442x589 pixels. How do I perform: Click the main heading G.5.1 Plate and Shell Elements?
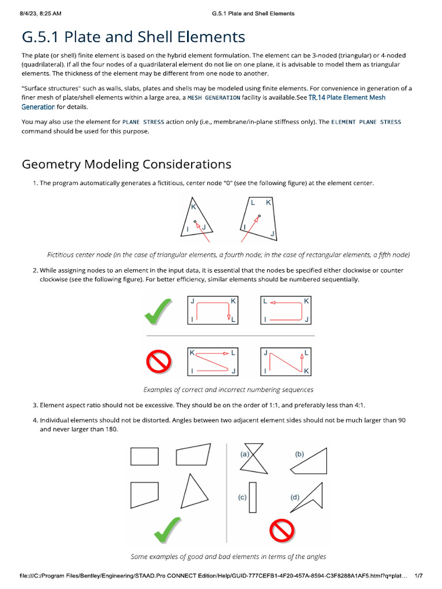click(x=133, y=37)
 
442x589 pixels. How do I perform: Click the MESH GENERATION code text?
click(x=214, y=98)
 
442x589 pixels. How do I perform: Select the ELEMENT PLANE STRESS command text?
click(x=366, y=122)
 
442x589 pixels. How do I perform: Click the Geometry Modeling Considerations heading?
click(x=127, y=165)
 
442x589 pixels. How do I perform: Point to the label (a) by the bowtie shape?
click(x=245, y=454)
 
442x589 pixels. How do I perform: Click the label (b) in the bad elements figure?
click(x=299, y=454)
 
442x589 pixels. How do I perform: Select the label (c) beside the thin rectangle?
click(x=242, y=498)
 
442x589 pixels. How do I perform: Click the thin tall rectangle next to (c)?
click(x=253, y=496)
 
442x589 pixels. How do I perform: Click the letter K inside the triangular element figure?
click(x=193, y=206)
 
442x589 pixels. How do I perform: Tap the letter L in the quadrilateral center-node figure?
click(x=253, y=202)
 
